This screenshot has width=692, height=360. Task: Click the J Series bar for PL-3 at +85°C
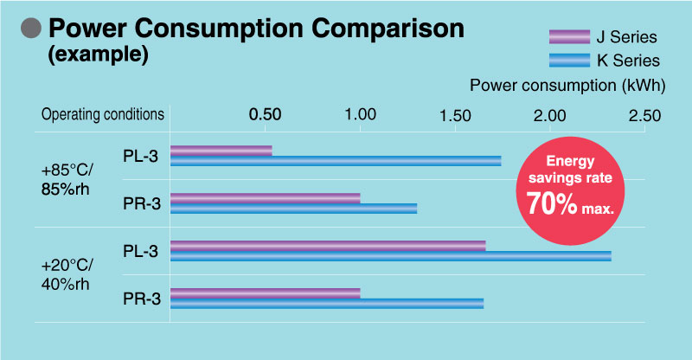coord(221,151)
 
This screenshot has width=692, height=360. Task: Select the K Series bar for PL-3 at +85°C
coord(336,160)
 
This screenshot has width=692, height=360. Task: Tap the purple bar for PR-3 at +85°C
coord(265,198)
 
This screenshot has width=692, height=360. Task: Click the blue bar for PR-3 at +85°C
coord(294,208)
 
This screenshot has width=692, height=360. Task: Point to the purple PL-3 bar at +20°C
coord(328,246)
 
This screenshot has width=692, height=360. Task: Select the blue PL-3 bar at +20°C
coord(391,255)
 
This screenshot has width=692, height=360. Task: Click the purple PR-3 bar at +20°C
coord(265,293)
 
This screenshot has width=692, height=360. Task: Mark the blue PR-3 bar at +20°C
coord(327,303)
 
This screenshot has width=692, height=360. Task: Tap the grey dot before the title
coord(31,29)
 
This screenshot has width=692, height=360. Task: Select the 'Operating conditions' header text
coord(103,114)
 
